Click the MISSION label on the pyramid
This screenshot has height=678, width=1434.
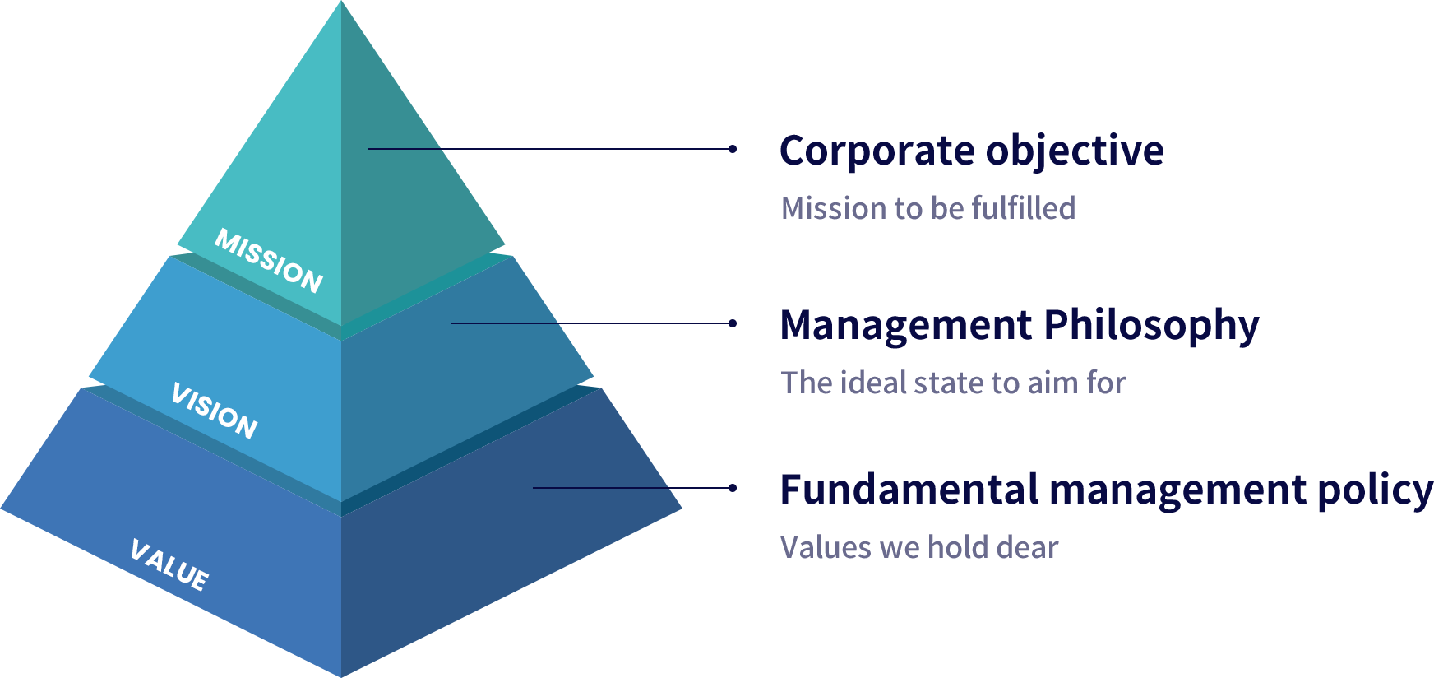pos(268,261)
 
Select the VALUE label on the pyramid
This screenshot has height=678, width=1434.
pos(169,565)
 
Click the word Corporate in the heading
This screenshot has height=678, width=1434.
pos(876,151)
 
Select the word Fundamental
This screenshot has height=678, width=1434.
pos(909,490)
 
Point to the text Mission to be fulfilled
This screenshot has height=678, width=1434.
pos(927,208)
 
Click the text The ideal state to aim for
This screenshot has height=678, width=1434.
pos(952,383)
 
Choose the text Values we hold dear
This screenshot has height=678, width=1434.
pos(918,547)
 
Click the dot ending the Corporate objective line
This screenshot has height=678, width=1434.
pos(732,149)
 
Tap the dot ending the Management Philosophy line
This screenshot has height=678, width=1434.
pos(732,323)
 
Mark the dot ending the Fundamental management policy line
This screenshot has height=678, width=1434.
pos(732,488)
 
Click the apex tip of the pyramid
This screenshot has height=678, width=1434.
pos(341,3)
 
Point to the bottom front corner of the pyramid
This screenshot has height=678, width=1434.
pos(341,674)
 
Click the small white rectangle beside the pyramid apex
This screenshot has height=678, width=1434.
pos(661,56)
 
